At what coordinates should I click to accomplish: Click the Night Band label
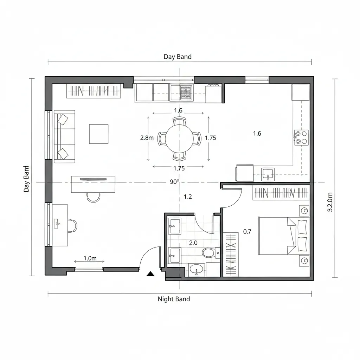[x=174, y=299]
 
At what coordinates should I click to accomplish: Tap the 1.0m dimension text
[x=90, y=258]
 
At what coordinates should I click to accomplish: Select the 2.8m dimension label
[x=147, y=138]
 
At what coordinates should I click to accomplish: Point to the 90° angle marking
[x=174, y=182]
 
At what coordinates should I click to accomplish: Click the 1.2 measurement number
[x=188, y=197]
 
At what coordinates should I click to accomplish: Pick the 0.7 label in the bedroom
[x=247, y=232]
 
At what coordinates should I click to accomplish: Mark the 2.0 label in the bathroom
[x=193, y=243]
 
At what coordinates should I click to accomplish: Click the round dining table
[x=179, y=138]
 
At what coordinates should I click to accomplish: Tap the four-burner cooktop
[x=301, y=137]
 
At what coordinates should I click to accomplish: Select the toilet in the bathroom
[x=209, y=252]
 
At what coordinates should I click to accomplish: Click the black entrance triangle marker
[x=151, y=274]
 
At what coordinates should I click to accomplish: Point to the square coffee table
[x=98, y=134]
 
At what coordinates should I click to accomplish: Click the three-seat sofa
[x=64, y=136]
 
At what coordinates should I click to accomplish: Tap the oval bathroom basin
[x=195, y=270]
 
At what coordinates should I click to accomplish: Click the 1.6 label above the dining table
[x=178, y=110]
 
